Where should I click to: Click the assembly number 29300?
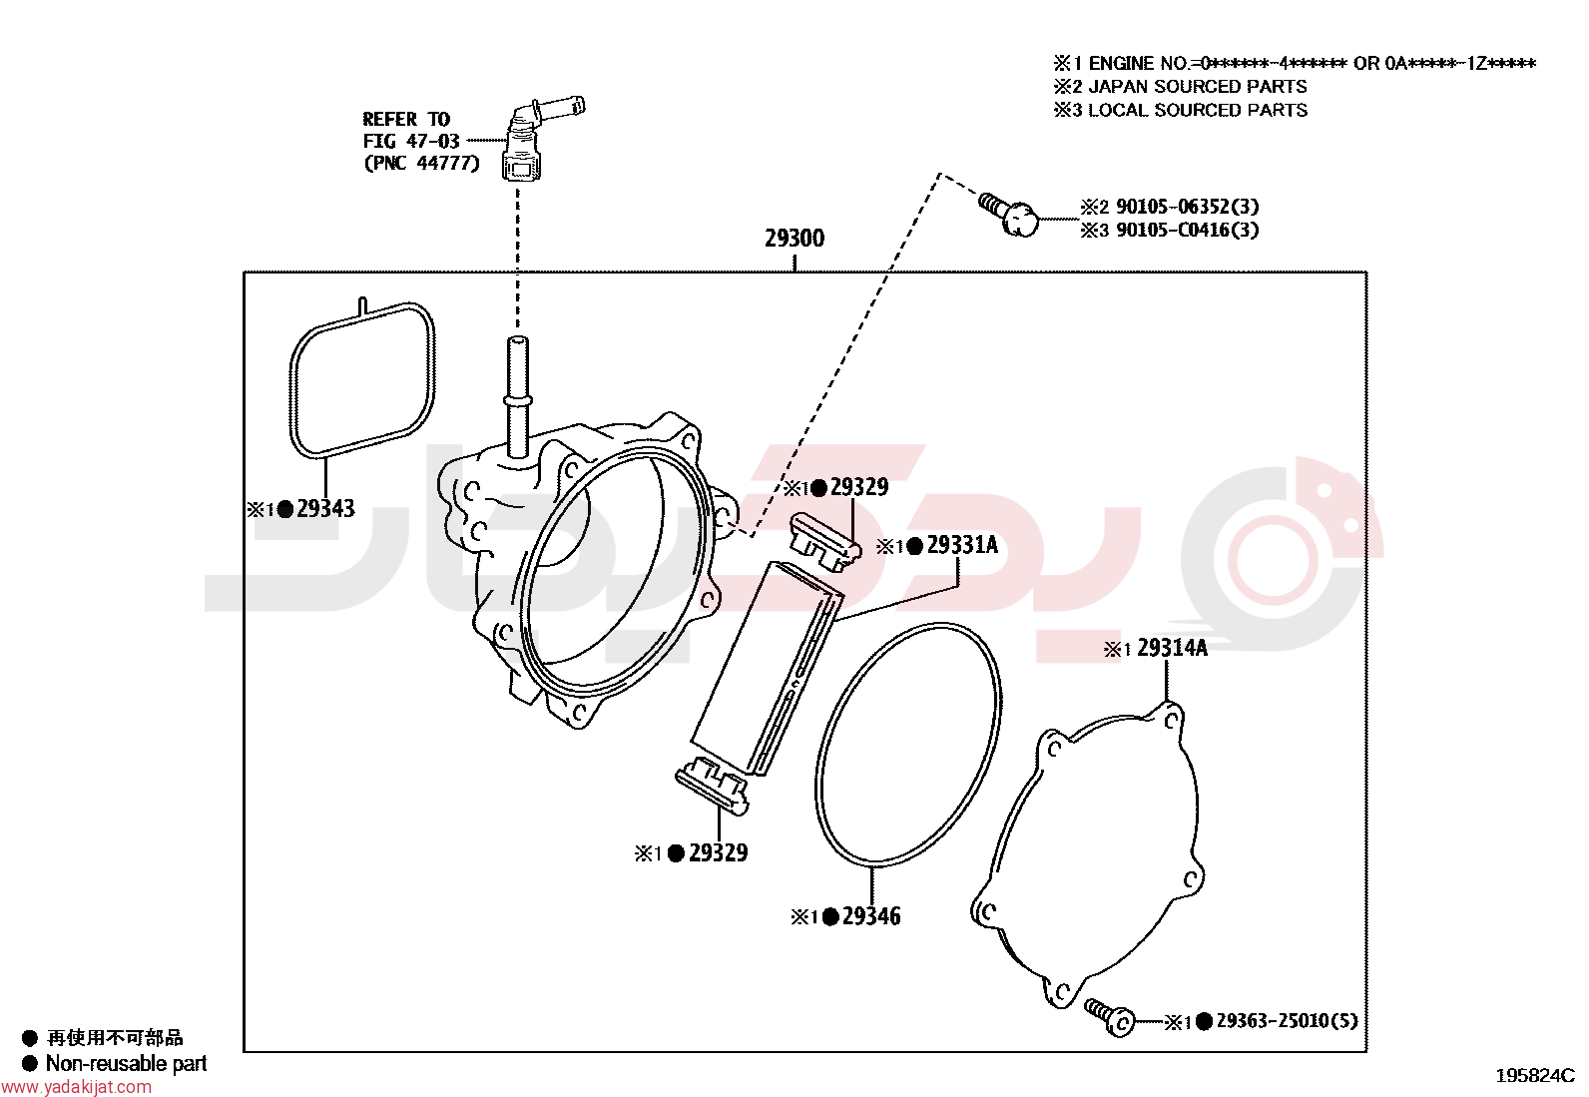pos(794,239)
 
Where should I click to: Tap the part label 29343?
pos(325,509)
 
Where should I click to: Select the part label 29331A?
pos(962,545)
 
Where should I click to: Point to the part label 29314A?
pos(1172,648)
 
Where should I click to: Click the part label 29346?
pos(871,916)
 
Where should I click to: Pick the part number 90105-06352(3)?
pos(1188,207)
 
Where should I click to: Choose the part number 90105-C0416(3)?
pos(1188,230)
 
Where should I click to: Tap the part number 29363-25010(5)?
pos(1287,1020)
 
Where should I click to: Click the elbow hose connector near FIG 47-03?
pos(536,139)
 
